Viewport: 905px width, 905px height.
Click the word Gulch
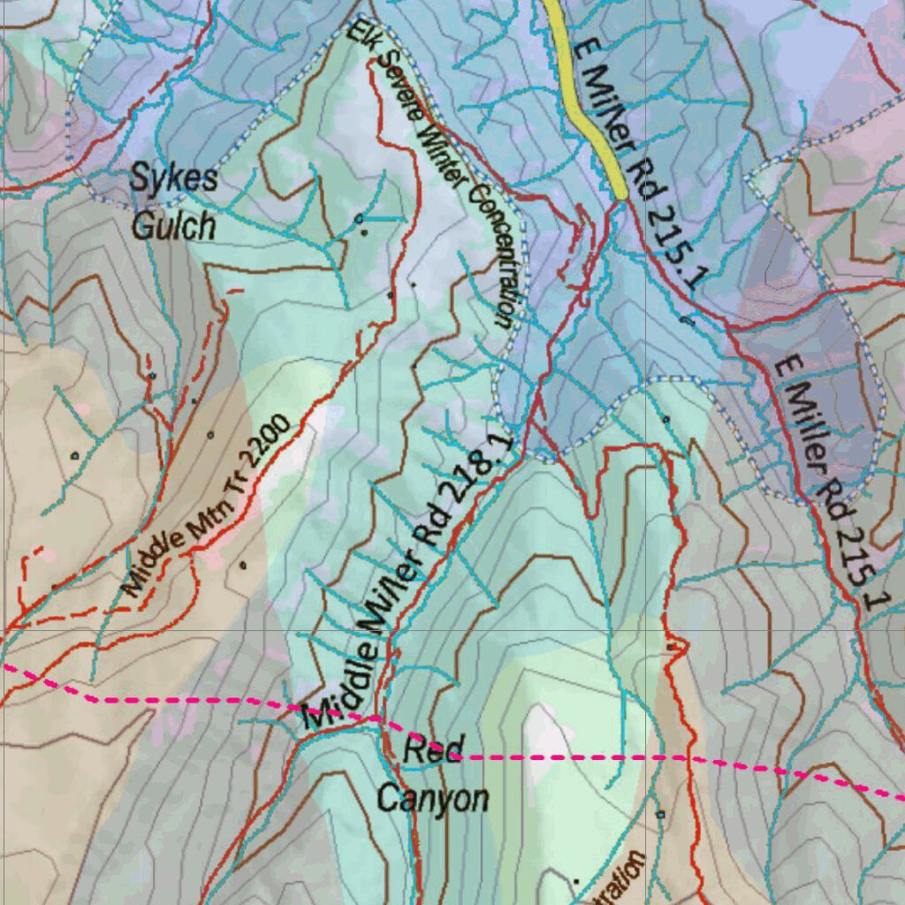click(x=173, y=226)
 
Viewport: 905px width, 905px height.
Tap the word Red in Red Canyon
click(x=432, y=751)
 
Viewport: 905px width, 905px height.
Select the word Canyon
click(x=433, y=799)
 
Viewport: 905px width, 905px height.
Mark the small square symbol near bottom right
click(x=660, y=813)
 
